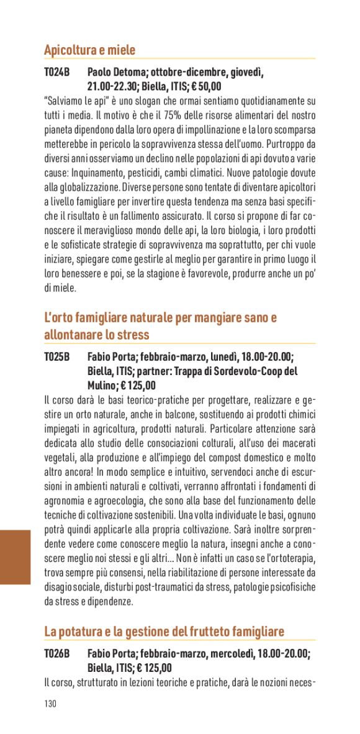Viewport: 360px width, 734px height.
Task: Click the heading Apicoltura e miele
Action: (x=89, y=50)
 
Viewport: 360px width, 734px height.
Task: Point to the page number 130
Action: (x=50, y=704)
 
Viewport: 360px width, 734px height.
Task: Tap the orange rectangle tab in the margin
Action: (x=15, y=557)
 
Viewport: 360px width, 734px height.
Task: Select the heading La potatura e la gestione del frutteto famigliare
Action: (x=164, y=631)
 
